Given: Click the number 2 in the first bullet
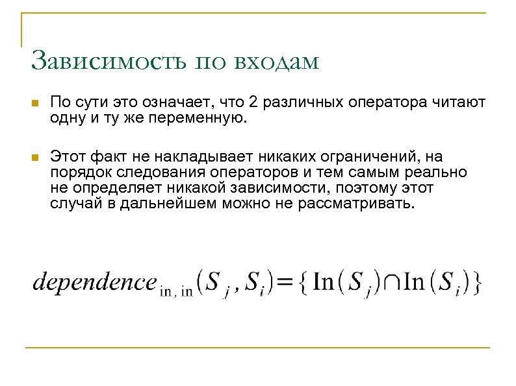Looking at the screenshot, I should point(253,104).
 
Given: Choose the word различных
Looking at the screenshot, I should point(300,104).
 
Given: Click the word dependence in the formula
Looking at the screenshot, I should point(94,283).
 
